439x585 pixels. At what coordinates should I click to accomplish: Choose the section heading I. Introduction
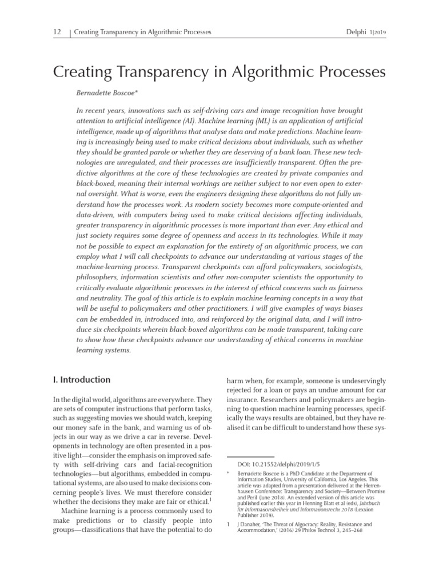(x=82, y=379)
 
